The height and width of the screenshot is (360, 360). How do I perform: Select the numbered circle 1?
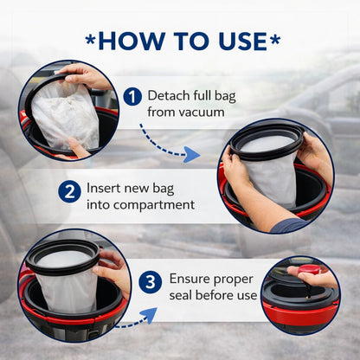coord(132,96)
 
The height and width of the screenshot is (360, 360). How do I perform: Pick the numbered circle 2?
coord(69,191)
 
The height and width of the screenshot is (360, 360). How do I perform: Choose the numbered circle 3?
coord(150,282)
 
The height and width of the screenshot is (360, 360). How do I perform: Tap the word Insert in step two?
coord(104,188)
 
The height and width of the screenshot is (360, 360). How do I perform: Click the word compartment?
coord(154,205)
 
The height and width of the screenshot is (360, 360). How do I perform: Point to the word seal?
coord(181,295)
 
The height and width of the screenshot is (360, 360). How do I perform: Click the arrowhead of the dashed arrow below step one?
coord(192,154)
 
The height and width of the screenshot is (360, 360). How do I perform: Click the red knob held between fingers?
coord(309,270)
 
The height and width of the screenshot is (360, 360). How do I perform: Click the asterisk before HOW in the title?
coord(90,40)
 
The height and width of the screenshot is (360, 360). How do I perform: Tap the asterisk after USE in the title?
coord(274,40)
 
